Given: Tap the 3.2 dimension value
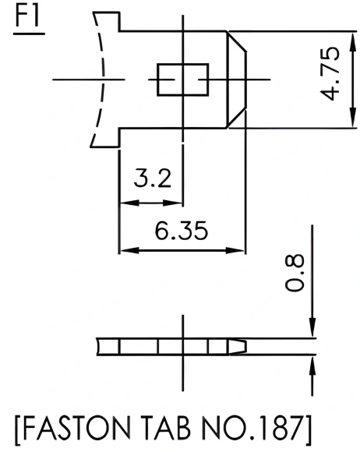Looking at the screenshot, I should (x=152, y=178).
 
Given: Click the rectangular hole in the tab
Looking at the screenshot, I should (x=182, y=79).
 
